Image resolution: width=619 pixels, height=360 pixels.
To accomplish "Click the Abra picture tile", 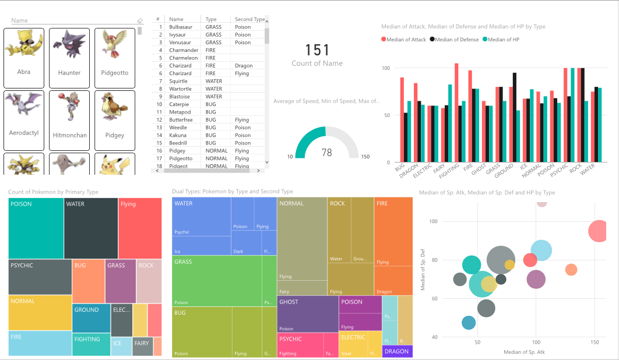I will (x=24, y=57).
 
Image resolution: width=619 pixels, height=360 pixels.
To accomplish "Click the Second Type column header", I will (x=249, y=19).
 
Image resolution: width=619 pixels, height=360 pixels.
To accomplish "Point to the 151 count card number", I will (x=317, y=50).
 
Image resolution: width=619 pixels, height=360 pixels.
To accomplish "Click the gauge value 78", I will (x=326, y=153).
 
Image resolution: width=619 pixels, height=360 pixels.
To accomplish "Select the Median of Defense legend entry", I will (x=453, y=40).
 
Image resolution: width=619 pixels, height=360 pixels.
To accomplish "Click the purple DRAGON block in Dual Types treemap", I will (x=397, y=351).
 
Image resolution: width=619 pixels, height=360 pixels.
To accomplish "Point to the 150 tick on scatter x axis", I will (x=595, y=343).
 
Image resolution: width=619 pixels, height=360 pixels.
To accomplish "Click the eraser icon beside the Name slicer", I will (x=139, y=21).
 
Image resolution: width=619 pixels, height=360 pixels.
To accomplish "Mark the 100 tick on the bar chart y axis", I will (x=385, y=68).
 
